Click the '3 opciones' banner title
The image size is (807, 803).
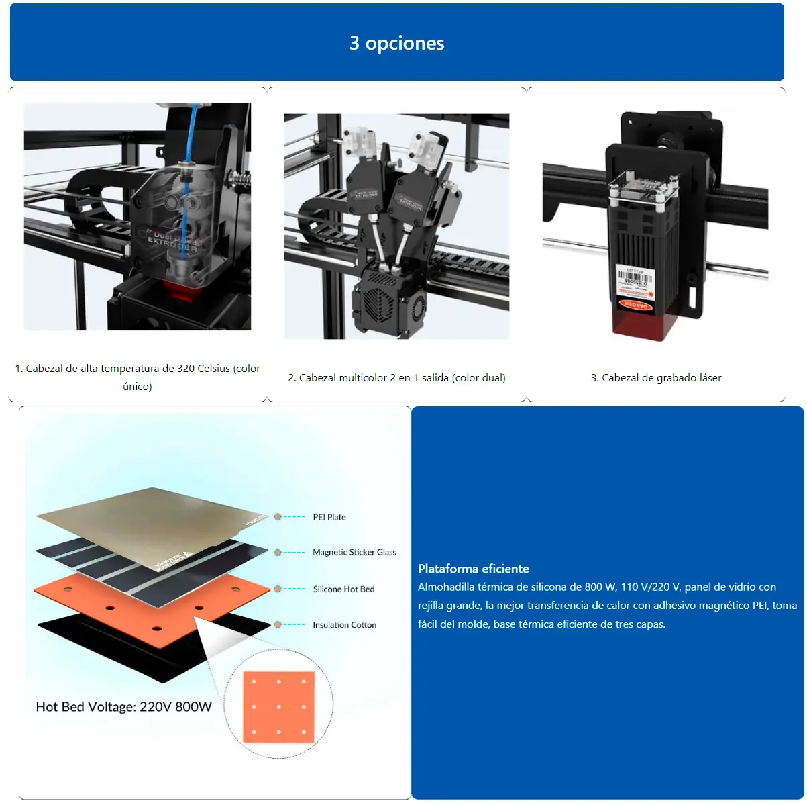coord(396,43)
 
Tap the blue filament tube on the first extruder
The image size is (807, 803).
coord(193,134)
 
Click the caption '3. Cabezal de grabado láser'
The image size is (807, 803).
coord(656,377)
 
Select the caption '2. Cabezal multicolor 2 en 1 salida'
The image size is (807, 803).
coord(396,377)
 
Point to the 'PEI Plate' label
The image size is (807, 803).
coord(329,517)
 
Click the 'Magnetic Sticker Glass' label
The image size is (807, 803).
coord(354,552)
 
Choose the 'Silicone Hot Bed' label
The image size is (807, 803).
coord(343,589)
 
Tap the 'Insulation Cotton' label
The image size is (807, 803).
coord(344,624)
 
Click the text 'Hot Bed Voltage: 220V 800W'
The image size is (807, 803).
coord(123,706)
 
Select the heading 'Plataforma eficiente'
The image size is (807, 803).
coord(473,569)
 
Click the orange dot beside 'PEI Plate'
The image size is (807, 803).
coord(278,517)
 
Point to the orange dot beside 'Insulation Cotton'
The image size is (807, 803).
coord(278,624)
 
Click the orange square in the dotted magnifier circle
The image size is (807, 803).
coord(278,706)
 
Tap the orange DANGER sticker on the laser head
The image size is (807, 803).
coord(635,304)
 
